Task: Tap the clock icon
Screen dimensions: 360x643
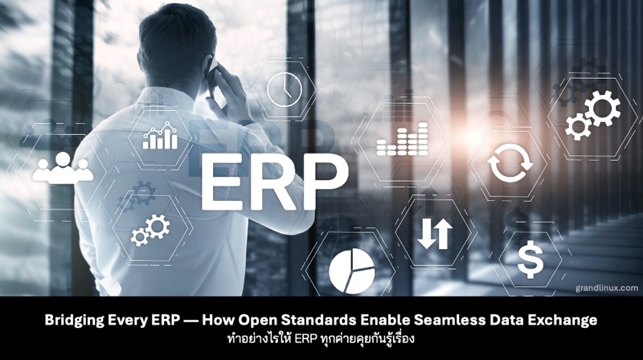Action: [x=281, y=88]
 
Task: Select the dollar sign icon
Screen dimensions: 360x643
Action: [x=529, y=260]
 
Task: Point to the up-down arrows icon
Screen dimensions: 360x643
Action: [x=435, y=232]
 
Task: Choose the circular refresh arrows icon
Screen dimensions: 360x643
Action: [x=510, y=163]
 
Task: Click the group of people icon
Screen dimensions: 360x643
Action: [x=62, y=167]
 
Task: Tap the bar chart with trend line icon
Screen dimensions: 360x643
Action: [x=160, y=137]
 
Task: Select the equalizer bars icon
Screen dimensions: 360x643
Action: [x=403, y=143]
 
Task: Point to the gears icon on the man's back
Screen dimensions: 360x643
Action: [x=149, y=229]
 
